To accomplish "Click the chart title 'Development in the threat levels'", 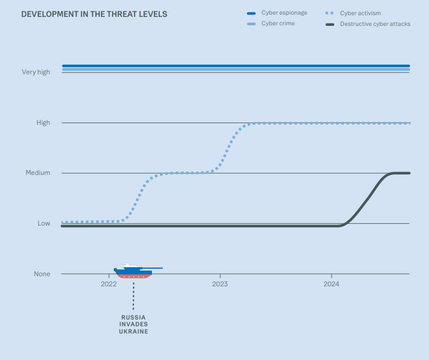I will click(x=94, y=14).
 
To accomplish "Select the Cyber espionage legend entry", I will click(x=284, y=13).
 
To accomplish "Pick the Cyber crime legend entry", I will click(x=278, y=24).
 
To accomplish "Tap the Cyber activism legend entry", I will click(x=360, y=13).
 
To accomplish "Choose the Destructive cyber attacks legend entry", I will click(x=375, y=24).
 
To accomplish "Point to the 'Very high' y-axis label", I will click(x=36, y=72).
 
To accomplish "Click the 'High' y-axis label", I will click(x=43, y=123).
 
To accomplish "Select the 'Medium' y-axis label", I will click(x=38, y=173).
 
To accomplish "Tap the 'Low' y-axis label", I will click(x=44, y=223).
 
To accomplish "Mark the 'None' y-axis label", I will click(x=42, y=274).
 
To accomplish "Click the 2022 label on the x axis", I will click(x=109, y=285).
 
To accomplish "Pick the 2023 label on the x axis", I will click(x=220, y=285).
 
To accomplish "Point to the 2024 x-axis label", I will click(x=332, y=285).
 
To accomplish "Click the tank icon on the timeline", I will click(x=133, y=271).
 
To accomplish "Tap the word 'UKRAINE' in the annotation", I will click(x=133, y=332).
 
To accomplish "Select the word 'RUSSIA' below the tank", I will click(x=133, y=317).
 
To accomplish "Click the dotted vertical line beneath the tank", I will click(x=133, y=295).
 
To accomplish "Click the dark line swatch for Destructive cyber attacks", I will click(x=330, y=24).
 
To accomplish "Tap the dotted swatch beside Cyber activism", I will click(x=330, y=13).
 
